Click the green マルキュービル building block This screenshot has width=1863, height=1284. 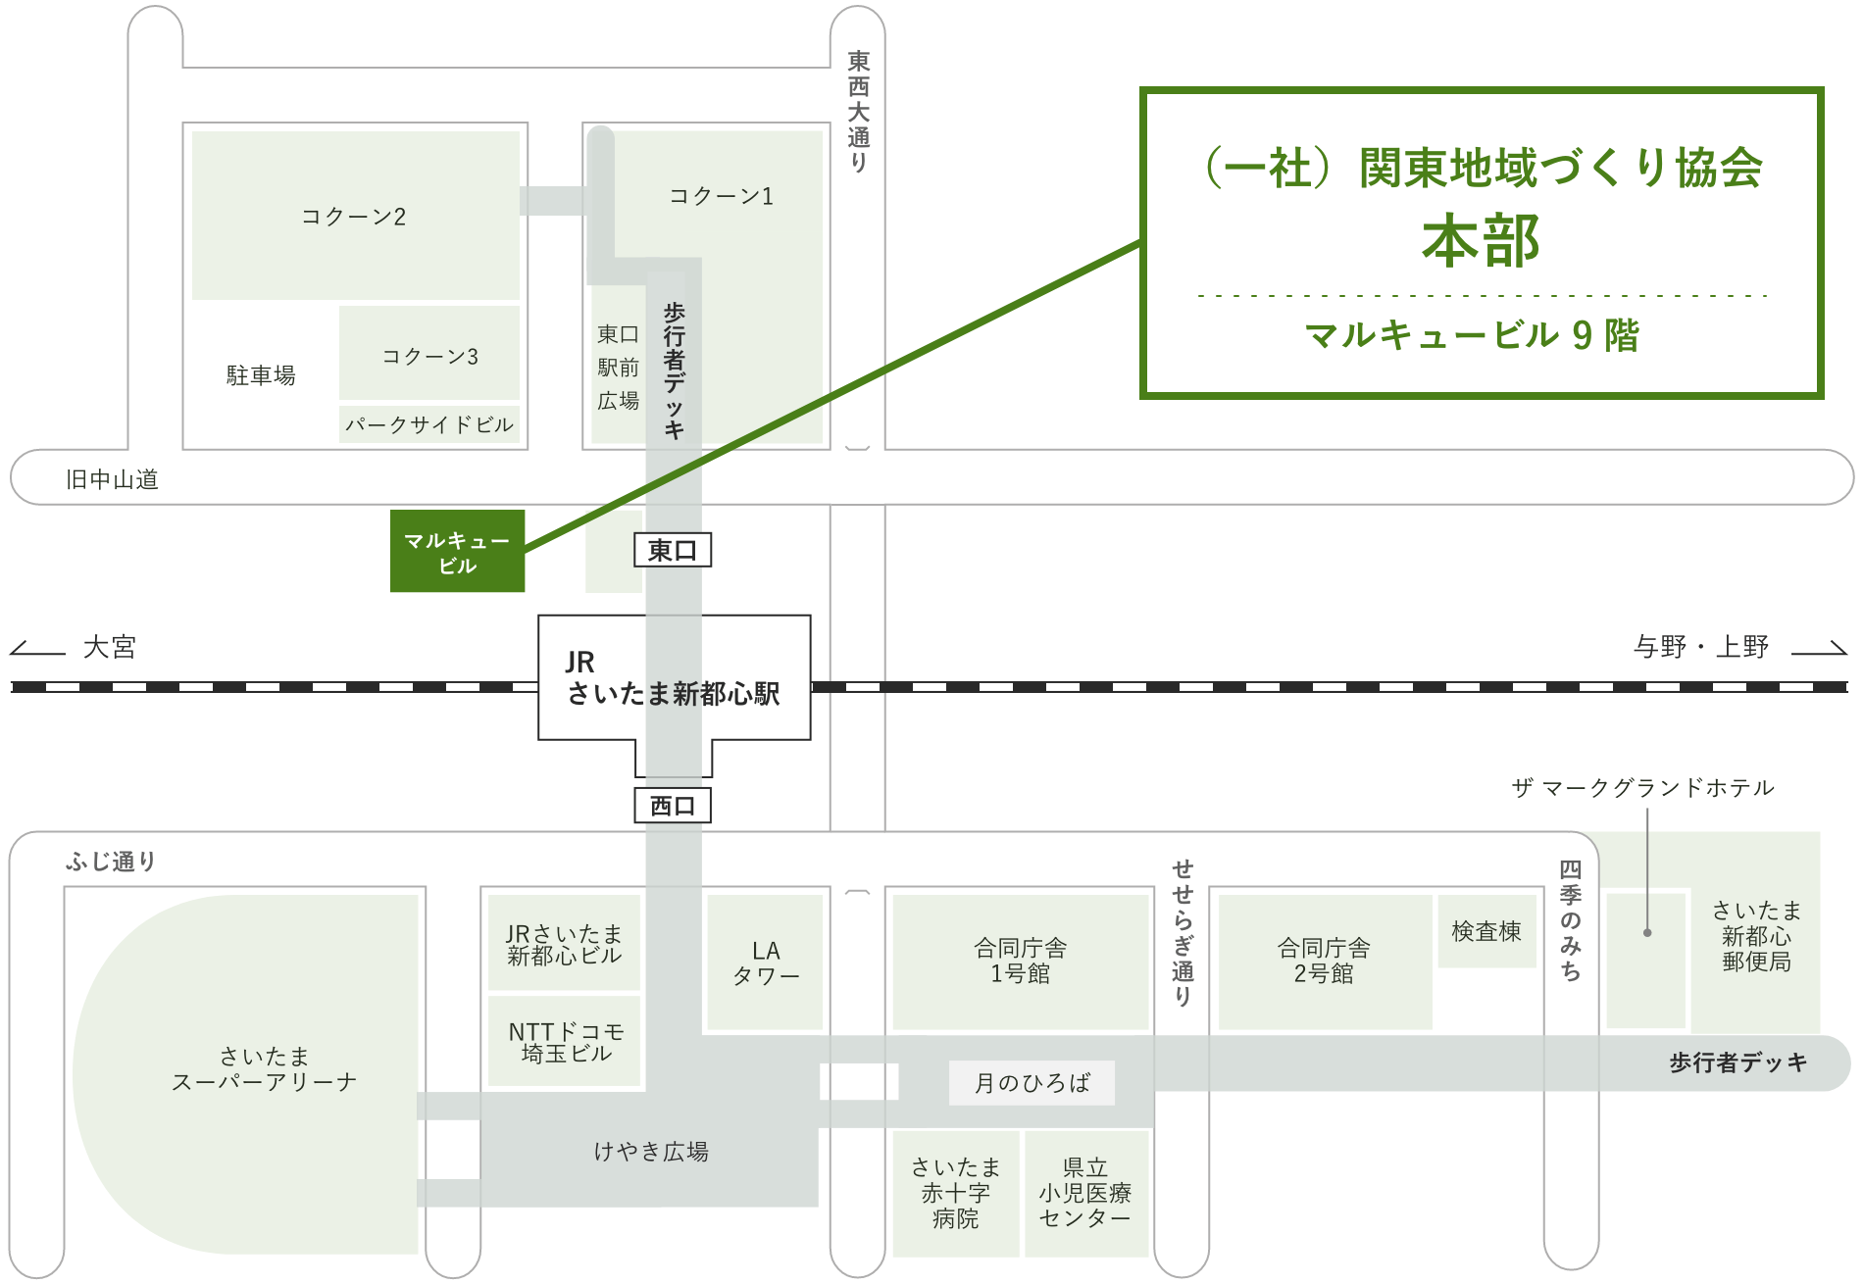click(457, 551)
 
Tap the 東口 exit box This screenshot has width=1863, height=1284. click(673, 550)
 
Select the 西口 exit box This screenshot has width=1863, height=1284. click(673, 806)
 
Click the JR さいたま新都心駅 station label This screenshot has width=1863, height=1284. click(674, 678)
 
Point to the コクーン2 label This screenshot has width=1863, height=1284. click(353, 216)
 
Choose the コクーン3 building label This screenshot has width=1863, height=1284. click(430, 356)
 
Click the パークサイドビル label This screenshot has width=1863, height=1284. click(429, 424)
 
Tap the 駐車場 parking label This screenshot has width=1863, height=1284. click(261, 375)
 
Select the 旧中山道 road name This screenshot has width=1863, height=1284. click(112, 478)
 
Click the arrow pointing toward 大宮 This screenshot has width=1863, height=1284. click(37, 648)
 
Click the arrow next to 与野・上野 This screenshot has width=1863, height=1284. click(1819, 648)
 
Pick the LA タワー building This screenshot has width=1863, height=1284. click(766, 963)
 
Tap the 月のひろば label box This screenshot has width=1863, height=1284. click(1032, 1083)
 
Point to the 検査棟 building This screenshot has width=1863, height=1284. click(1486, 931)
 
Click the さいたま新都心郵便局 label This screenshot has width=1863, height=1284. click(1756, 936)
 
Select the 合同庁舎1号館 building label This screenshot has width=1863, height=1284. click(1020, 961)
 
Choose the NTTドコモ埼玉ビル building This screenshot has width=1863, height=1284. click(565, 1041)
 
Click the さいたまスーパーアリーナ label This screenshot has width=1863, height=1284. click(264, 1068)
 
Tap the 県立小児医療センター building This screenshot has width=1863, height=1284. click(1086, 1193)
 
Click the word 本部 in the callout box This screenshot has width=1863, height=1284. click(1481, 241)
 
